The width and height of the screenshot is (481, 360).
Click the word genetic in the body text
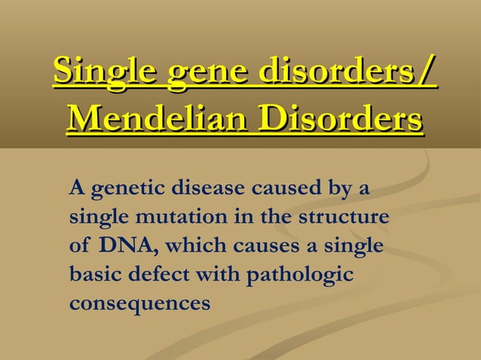(123, 188)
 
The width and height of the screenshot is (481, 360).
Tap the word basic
(91, 274)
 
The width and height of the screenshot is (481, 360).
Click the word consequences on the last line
(139, 304)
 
